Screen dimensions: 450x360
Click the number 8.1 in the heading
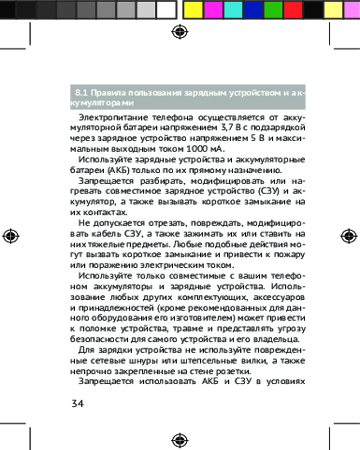click(x=81, y=93)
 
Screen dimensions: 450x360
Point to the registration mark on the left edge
click(x=10, y=236)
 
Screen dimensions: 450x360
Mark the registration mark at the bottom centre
click(x=180, y=439)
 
